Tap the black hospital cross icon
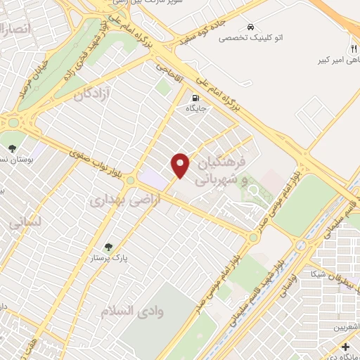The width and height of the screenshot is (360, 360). click(345, 347)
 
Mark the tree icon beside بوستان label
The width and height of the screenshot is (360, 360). click(12, 148)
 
